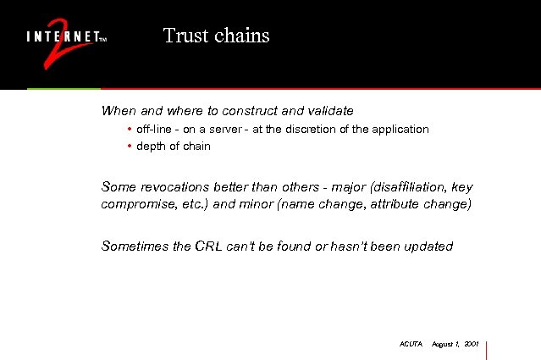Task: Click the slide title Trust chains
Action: [x=216, y=36]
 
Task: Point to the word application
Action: [x=399, y=130]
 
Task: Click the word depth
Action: [x=151, y=147]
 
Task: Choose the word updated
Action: [x=428, y=246]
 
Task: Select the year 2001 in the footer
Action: [x=472, y=345]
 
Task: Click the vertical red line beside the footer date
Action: [x=488, y=349]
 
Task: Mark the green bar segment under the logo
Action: [x=63, y=88]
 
